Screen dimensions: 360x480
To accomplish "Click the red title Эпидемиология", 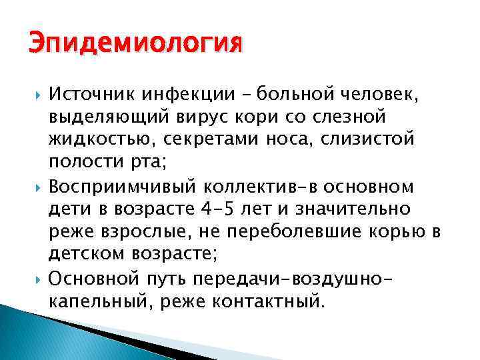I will (x=134, y=47).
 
